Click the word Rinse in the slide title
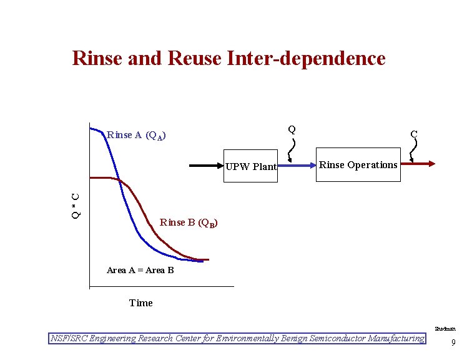pos(99,58)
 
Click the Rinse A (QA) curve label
pos(137,135)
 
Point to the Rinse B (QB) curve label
pos(189,222)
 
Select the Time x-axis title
pos(140,303)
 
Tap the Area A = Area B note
pos(140,270)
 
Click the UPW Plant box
pos(251,167)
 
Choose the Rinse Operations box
pos(358,165)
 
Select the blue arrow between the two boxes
pos(297,165)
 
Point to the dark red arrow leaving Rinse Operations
pos(418,164)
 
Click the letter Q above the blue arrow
pos(292,129)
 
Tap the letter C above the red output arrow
pos(413,134)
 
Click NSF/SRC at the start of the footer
pos(69,339)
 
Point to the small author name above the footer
pos(445,328)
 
